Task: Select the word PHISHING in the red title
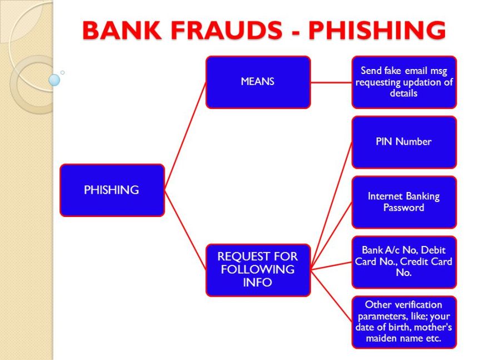377,30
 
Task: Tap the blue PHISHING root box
112,190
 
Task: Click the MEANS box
258,82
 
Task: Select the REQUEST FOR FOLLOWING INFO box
258,269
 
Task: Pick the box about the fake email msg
404,82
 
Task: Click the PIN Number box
404,142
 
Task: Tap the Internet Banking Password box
404,202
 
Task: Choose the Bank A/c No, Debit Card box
404,262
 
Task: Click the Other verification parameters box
404,322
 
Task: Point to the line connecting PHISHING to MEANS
185,136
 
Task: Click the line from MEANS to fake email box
331,82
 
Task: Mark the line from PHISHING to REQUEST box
185,229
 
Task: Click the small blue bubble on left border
54,80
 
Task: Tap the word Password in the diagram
404,208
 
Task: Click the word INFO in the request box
258,282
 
